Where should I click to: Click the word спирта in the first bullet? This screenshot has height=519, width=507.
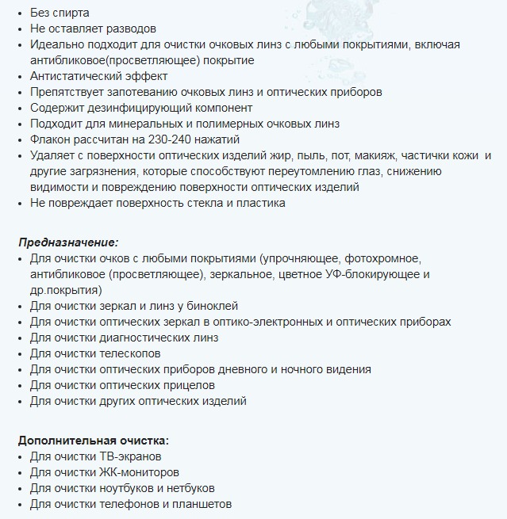point(71,13)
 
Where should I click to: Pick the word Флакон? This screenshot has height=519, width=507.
point(50,139)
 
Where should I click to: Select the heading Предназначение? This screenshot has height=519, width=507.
point(68,242)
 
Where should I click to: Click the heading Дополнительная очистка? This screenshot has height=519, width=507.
point(94,441)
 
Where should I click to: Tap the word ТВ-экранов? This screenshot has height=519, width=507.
point(130,456)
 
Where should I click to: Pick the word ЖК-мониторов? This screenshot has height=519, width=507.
point(134,472)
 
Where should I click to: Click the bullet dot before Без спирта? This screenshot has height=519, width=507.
point(21,13)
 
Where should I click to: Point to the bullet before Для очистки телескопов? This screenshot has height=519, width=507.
point(21,354)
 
